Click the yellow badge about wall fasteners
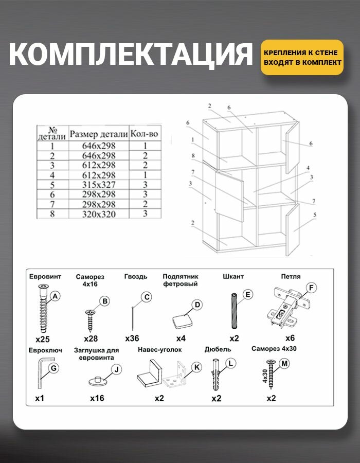[x=302, y=57]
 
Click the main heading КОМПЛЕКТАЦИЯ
[x=131, y=55]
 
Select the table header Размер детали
[x=99, y=134]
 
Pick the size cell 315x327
[x=99, y=185]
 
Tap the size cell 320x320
[x=99, y=214]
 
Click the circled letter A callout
[x=56, y=296]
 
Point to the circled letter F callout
[x=311, y=288]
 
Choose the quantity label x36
[x=133, y=339]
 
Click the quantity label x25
[x=43, y=340]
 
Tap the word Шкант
[x=233, y=276]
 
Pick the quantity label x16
[x=97, y=398]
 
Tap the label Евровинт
[x=45, y=276]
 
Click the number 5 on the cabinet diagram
[x=314, y=215]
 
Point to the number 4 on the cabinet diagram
[x=308, y=168]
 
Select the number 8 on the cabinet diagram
[x=193, y=155]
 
